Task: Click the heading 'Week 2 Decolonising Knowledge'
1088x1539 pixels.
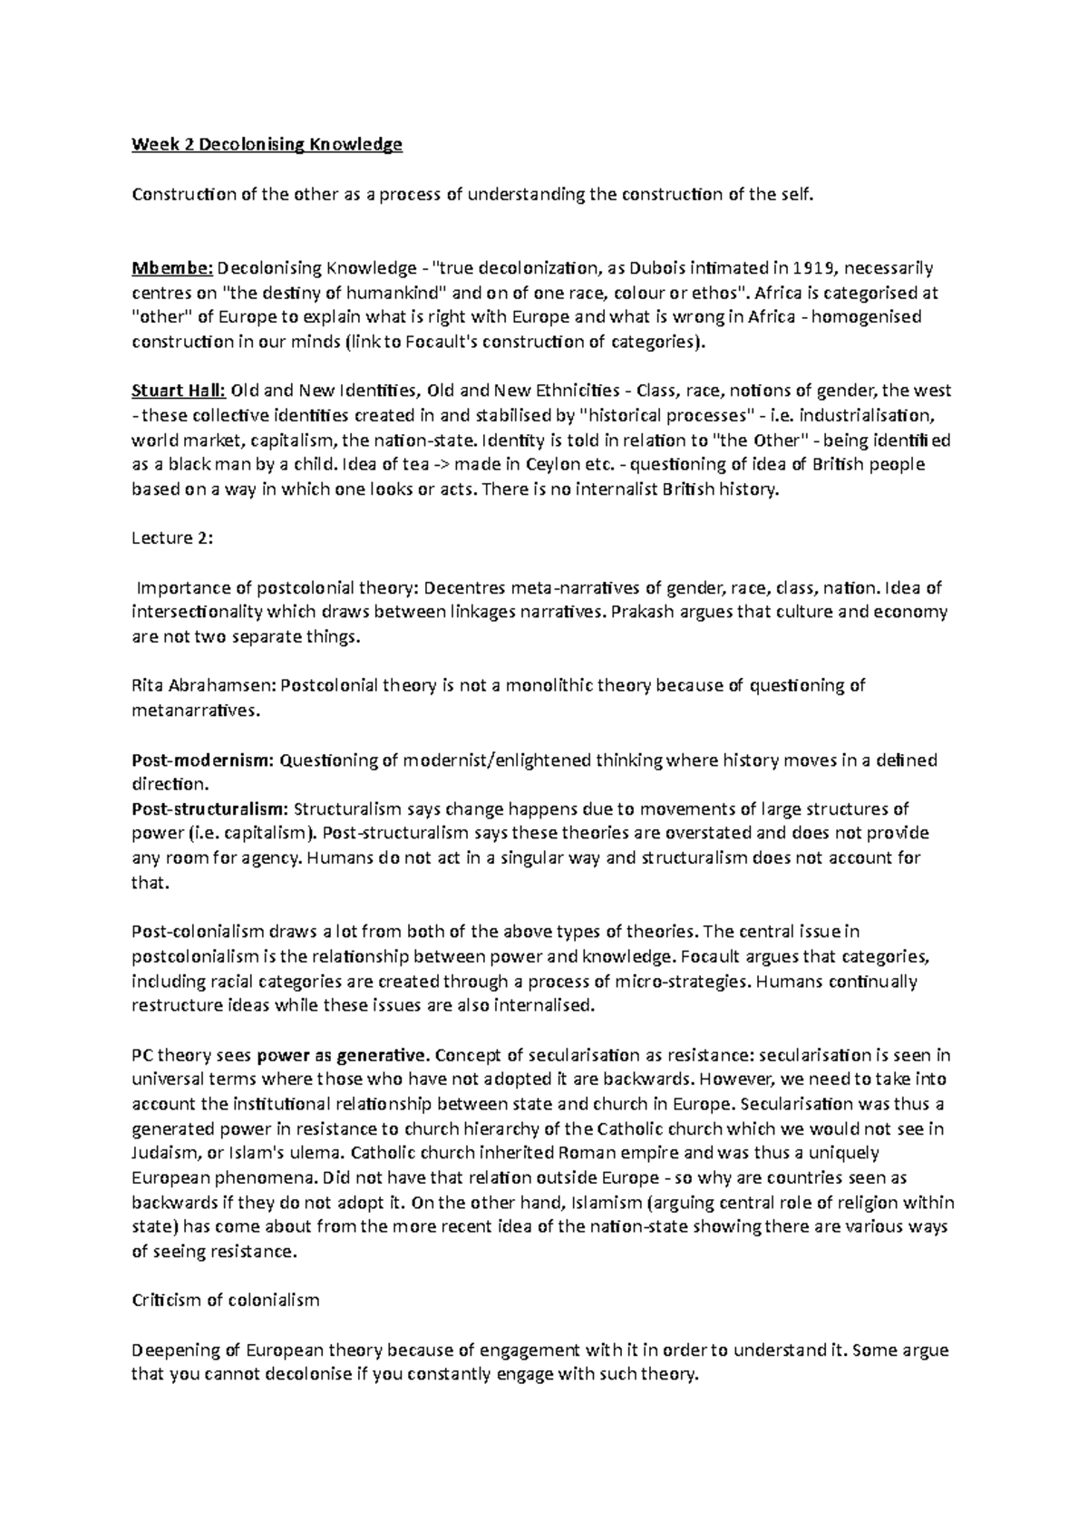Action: click(x=267, y=144)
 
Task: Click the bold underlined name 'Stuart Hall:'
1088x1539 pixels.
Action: click(x=179, y=392)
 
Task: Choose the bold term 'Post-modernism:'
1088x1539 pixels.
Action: click(x=202, y=760)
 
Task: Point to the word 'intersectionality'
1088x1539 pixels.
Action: click(x=197, y=613)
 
